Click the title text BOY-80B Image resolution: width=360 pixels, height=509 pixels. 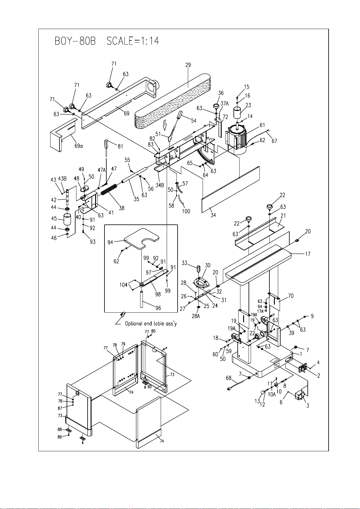coord(75,41)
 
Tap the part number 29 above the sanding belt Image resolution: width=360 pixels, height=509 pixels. coord(188,65)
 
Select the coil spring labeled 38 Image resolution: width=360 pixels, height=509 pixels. coord(109,189)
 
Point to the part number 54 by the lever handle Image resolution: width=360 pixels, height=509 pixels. coord(194,121)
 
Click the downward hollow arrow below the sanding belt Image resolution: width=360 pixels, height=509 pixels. coord(165,124)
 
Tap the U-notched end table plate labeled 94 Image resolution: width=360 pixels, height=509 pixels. coord(141,238)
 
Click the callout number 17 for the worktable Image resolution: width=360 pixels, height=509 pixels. coord(307,254)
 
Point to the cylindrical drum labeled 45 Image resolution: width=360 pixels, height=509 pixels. coord(67,219)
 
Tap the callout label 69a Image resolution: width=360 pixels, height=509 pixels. coord(79,146)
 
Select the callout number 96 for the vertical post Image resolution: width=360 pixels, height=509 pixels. coord(158,308)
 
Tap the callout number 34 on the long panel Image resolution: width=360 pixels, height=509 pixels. coord(213,215)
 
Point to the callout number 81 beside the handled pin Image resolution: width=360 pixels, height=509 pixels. coord(120,146)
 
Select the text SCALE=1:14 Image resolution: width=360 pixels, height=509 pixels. coord(133,41)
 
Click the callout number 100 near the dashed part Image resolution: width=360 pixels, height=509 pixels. coord(186,211)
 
